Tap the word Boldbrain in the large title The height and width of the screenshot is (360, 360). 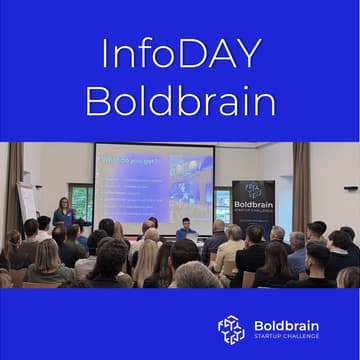(179, 100)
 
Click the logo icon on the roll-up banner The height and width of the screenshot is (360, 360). (253, 190)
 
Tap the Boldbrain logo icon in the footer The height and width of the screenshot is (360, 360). (231, 329)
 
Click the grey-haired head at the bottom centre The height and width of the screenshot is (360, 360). (197, 275)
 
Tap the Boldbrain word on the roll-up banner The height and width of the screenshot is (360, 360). (253, 205)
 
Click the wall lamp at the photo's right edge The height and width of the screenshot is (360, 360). (351, 187)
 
